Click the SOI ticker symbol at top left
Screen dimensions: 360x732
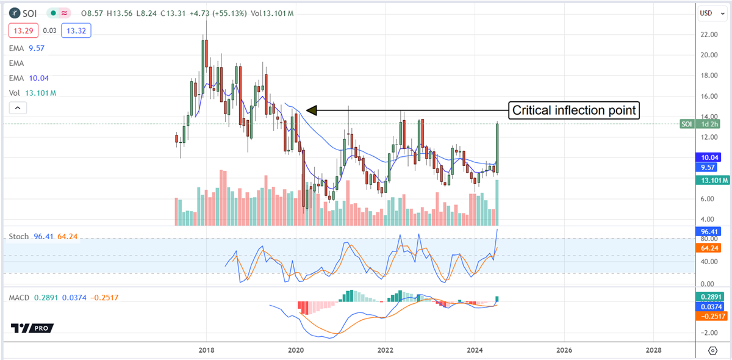pos(30,13)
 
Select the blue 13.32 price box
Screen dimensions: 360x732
pos(78,30)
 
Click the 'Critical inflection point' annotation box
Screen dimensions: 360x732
pos(574,110)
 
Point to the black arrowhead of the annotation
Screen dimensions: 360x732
pos(312,110)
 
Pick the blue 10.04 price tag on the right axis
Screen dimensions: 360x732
pos(708,157)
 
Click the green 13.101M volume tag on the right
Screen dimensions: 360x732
pos(711,180)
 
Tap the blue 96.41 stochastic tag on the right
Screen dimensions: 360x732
pos(708,232)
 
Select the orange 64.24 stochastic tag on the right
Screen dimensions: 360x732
pos(708,249)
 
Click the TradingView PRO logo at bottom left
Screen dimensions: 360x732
pos(32,328)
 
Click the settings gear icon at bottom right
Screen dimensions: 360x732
pos(712,350)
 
